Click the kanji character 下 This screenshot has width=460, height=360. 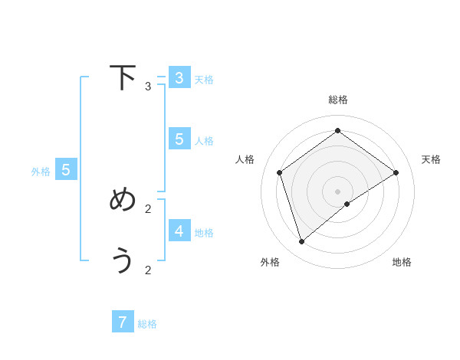tap(123, 77)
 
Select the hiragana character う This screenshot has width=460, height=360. tap(123, 261)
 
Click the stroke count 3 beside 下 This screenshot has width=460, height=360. tap(148, 87)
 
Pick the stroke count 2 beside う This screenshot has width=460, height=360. tap(148, 270)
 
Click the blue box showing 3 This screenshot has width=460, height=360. tap(179, 78)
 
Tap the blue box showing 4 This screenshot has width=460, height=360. tap(179, 231)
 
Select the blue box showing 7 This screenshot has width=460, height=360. tap(123, 322)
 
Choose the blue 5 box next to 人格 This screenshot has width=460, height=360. tap(179, 139)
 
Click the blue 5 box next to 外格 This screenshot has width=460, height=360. tap(66, 170)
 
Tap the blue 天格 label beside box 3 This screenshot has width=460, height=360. tap(204, 80)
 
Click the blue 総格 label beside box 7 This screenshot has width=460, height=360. tap(147, 324)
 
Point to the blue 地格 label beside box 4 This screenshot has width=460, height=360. tap(204, 233)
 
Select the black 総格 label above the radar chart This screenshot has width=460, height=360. tap(338, 100)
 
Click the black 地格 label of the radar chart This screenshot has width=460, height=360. tap(402, 262)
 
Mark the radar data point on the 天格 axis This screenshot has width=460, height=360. tap(396, 172)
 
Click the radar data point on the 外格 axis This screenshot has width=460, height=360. tap(302, 242)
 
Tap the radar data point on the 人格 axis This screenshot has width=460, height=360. tap(280, 172)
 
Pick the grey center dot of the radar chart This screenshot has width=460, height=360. tap(338, 191)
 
